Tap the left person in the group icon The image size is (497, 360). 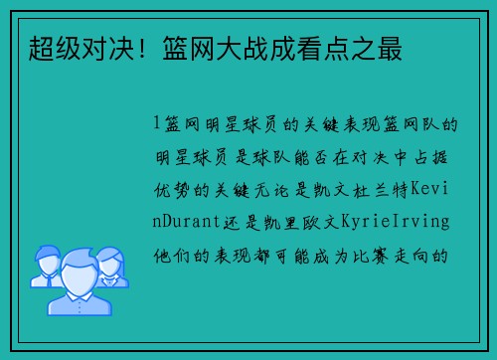point(45,265)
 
